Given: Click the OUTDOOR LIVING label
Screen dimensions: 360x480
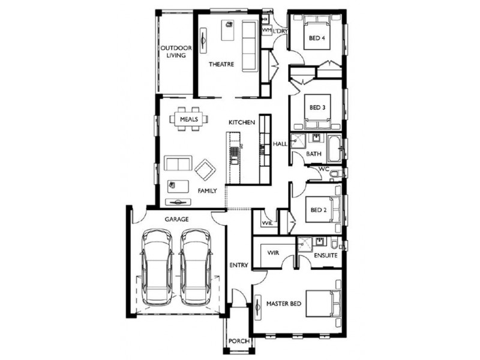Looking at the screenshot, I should pyautogui.click(x=175, y=52).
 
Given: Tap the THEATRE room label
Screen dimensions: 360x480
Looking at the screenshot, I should pyautogui.click(x=221, y=64).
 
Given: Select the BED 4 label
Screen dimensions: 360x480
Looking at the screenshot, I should pyautogui.click(x=317, y=39).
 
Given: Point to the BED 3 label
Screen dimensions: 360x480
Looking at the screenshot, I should pyautogui.click(x=317, y=108).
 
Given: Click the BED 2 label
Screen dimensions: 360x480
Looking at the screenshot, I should pyautogui.click(x=317, y=211).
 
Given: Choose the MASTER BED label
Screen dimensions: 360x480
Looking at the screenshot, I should pyautogui.click(x=283, y=304).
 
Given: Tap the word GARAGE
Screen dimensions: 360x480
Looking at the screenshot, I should pyautogui.click(x=177, y=220).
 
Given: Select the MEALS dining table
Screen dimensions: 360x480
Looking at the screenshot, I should pyautogui.click(x=188, y=119).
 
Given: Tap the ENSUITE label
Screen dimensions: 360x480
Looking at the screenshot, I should pyautogui.click(x=325, y=256).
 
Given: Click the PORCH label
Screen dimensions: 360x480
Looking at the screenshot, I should pyautogui.click(x=238, y=342).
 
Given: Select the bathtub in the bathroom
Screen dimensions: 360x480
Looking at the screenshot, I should pyautogui.click(x=334, y=148).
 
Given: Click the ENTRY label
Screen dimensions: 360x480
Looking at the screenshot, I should pyautogui.click(x=239, y=265).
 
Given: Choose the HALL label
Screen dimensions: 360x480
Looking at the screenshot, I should pyautogui.click(x=280, y=145).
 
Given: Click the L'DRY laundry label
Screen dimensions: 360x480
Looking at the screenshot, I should pyautogui.click(x=280, y=31).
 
